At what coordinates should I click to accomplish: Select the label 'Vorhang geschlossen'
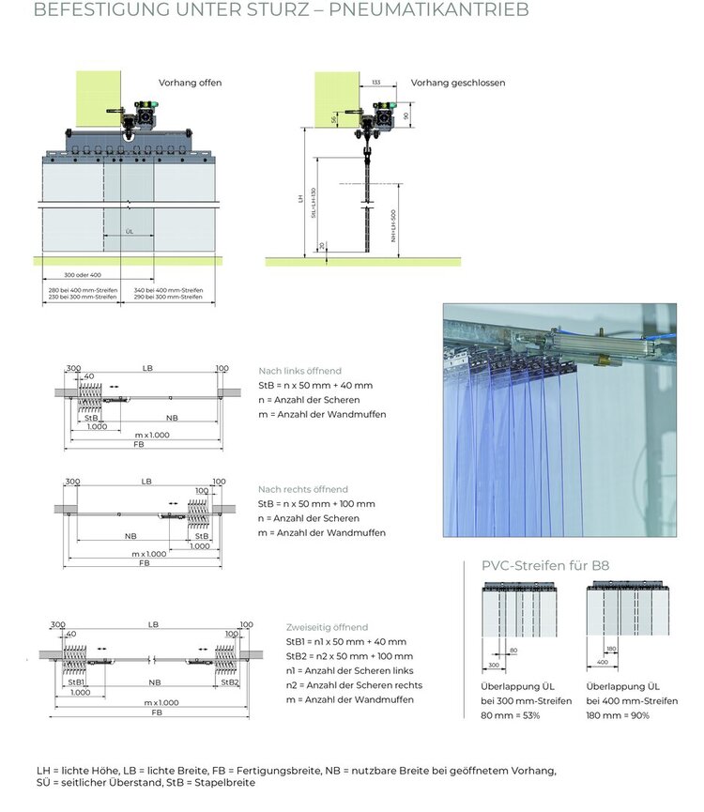(458, 83)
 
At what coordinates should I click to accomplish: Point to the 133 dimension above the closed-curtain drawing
(375, 83)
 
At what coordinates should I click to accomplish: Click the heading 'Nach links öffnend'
(299, 371)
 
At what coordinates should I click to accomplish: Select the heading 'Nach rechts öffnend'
(302, 489)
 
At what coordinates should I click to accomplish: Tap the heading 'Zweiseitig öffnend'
(327, 627)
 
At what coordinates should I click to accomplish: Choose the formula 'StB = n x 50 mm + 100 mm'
(315, 504)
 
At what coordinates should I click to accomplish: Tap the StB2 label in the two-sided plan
(229, 682)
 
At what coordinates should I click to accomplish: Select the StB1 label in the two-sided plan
(77, 682)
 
